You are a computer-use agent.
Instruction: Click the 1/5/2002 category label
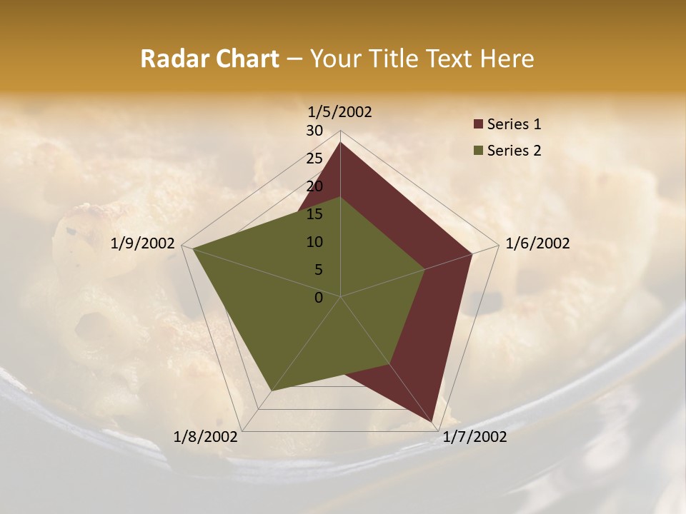pyautogui.click(x=339, y=112)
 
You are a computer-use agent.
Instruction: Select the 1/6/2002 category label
pyautogui.click(x=537, y=243)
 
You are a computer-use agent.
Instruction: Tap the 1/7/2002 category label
pyautogui.click(x=474, y=437)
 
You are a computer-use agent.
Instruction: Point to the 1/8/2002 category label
pyautogui.click(x=206, y=437)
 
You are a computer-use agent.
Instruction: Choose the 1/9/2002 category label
pyautogui.click(x=143, y=243)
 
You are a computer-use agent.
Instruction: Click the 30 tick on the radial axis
pyautogui.click(x=314, y=131)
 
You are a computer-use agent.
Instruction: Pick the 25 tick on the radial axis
pyautogui.click(x=314, y=158)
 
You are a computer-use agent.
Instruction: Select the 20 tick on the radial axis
pyautogui.click(x=314, y=186)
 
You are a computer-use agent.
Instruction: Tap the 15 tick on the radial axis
pyautogui.click(x=314, y=214)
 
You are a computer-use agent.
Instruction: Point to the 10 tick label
pyautogui.click(x=314, y=242)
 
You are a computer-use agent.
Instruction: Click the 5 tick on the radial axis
pyautogui.click(x=318, y=270)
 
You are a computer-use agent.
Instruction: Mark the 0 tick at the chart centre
pyautogui.click(x=319, y=298)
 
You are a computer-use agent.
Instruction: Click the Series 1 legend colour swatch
pyautogui.click(x=478, y=125)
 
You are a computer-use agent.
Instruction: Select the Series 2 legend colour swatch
pyautogui.click(x=478, y=151)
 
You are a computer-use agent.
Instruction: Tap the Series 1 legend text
pyautogui.click(x=514, y=124)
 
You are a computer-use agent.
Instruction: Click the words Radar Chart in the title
pyautogui.click(x=209, y=59)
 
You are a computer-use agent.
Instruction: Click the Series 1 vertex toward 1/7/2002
pyautogui.click(x=432, y=421)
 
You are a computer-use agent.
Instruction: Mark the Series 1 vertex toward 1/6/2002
pyautogui.click(x=472, y=253)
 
